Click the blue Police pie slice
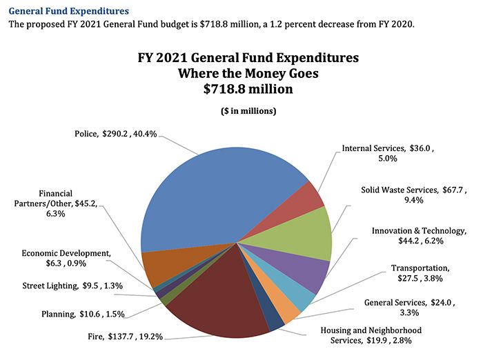[221, 193]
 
